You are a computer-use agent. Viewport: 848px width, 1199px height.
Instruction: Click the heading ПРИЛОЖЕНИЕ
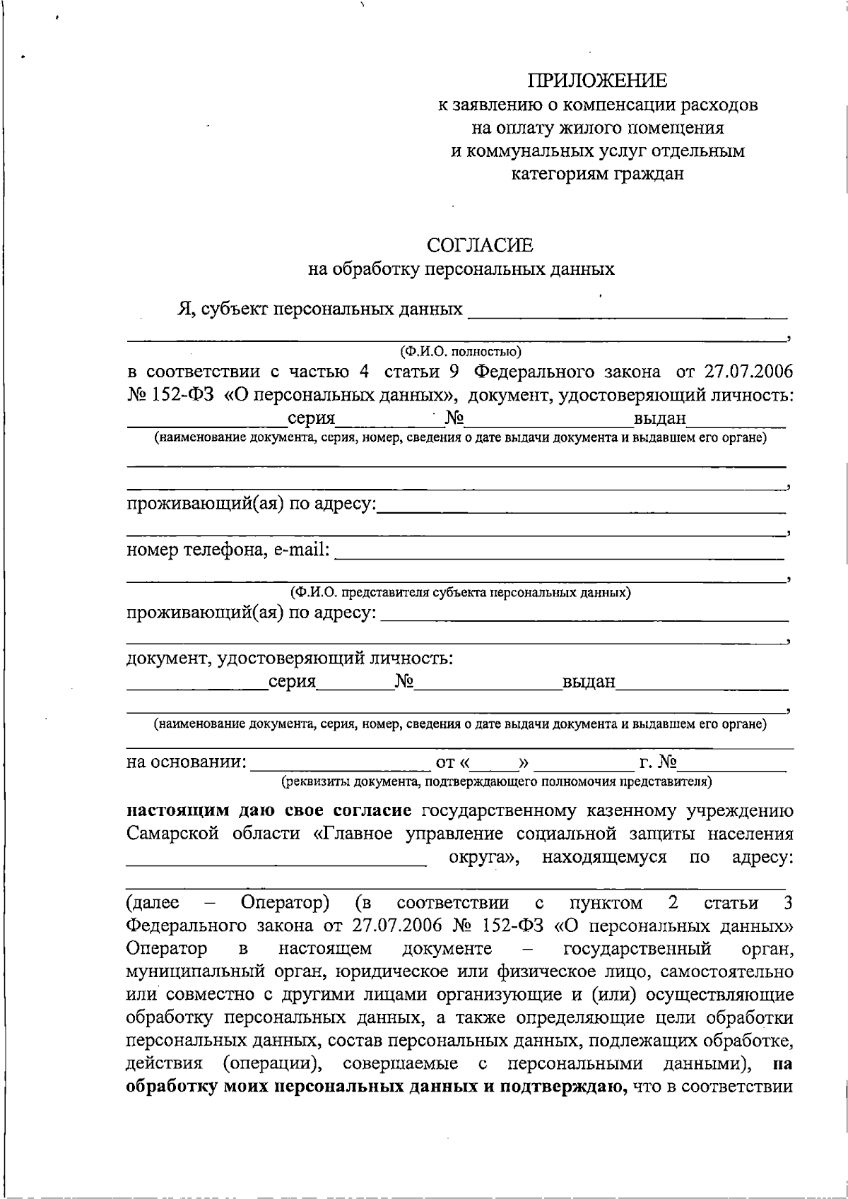click(x=599, y=80)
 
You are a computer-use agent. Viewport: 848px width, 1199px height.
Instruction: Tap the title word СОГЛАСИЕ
click(x=481, y=246)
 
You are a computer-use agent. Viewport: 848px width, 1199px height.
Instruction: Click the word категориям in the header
click(x=556, y=174)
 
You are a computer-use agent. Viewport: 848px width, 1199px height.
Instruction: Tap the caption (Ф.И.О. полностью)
click(x=460, y=350)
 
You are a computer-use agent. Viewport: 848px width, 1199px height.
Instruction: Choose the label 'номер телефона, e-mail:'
click(x=228, y=550)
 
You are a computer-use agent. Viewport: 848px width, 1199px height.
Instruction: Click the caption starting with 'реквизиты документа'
click(x=496, y=781)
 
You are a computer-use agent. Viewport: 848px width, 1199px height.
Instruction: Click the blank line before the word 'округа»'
click(x=277, y=861)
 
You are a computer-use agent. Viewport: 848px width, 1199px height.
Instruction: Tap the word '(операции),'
click(x=274, y=1063)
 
